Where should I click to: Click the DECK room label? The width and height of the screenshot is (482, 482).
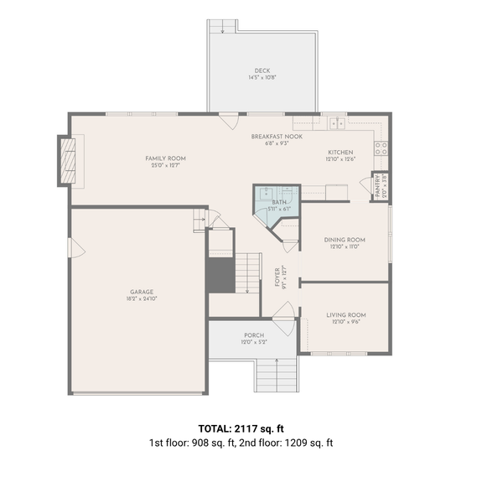tap(262, 70)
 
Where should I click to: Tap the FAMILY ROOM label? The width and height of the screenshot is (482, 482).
tap(165, 158)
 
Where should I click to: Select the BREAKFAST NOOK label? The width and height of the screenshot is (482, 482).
tap(277, 136)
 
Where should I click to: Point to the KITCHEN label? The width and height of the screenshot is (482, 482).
tap(340, 152)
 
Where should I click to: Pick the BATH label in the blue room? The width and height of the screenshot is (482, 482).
tap(278, 203)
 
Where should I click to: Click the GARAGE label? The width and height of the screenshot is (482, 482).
tap(141, 292)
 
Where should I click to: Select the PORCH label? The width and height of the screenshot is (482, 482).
tap(254, 334)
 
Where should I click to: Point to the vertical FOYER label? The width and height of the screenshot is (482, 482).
tap(277, 277)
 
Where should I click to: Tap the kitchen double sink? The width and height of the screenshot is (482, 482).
tap(337, 124)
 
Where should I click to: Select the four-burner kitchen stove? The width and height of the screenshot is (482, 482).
tap(381, 149)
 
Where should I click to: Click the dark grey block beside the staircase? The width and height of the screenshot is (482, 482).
tap(220, 275)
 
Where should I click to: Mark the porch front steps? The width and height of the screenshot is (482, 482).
tap(275, 374)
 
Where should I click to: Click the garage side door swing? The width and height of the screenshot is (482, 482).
tap(75, 249)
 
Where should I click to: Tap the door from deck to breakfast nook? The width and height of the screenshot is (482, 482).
tap(227, 118)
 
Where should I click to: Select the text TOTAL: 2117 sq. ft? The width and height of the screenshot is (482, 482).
tap(241, 427)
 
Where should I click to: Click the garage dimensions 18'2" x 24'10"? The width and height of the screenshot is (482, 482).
tap(141, 298)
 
